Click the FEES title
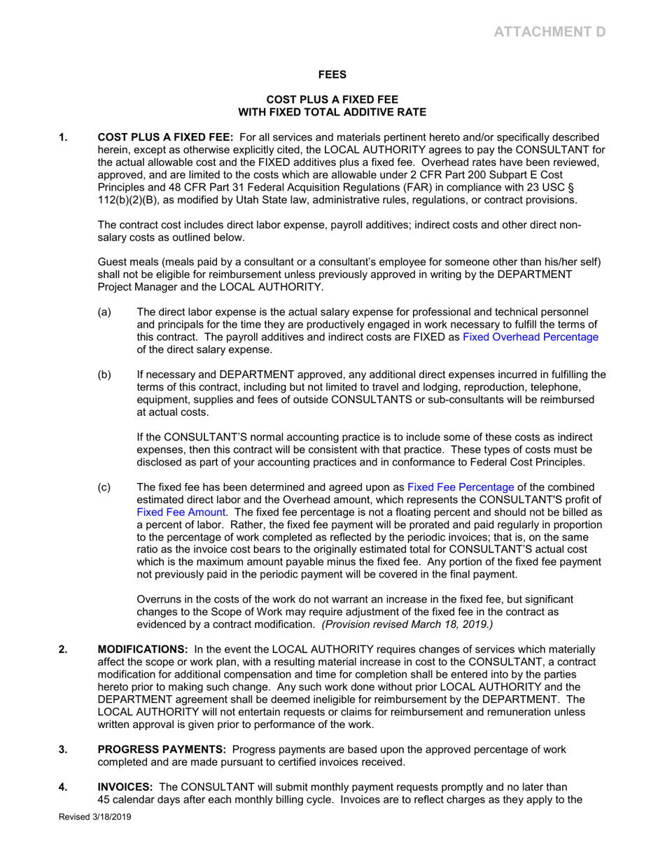tap(332, 73)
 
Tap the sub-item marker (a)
tap(104, 311)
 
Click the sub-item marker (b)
tap(104, 374)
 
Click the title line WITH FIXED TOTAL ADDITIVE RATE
tap(332, 111)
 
